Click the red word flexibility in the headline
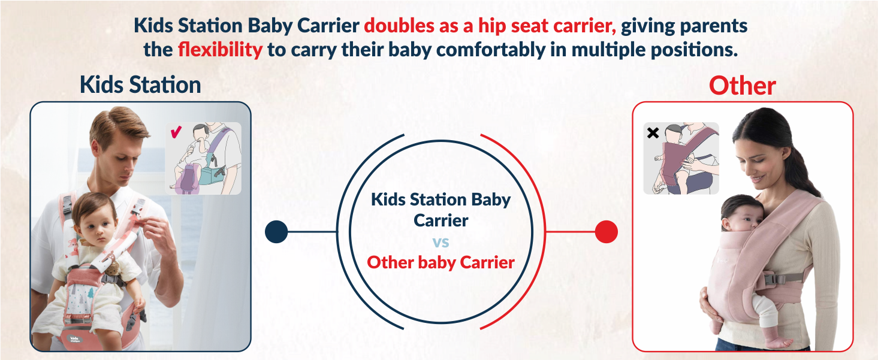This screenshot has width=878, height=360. [x=220, y=50]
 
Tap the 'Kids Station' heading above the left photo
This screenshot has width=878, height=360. [x=140, y=85]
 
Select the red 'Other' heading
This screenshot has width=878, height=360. [x=742, y=86]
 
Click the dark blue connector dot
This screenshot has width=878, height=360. [x=276, y=231]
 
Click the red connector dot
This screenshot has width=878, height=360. [x=606, y=231]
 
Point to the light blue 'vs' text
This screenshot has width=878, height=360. [x=440, y=243]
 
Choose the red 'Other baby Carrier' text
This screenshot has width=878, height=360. [x=440, y=262]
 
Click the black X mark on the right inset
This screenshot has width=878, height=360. [x=653, y=133]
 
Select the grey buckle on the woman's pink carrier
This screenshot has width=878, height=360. [x=773, y=279]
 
